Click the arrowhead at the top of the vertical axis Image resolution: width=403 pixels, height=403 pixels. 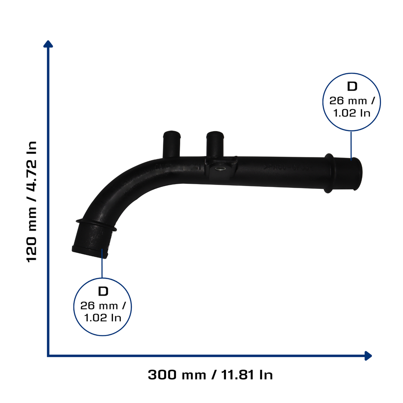[x=48, y=44]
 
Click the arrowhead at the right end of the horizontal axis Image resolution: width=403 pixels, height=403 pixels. [x=368, y=356]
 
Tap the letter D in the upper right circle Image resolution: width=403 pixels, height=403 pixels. [x=352, y=87]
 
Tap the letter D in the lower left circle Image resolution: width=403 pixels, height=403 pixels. [x=103, y=292]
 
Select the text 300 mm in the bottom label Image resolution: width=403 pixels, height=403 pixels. [x=177, y=375]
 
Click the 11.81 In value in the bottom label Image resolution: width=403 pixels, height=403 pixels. [x=247, y=375]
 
